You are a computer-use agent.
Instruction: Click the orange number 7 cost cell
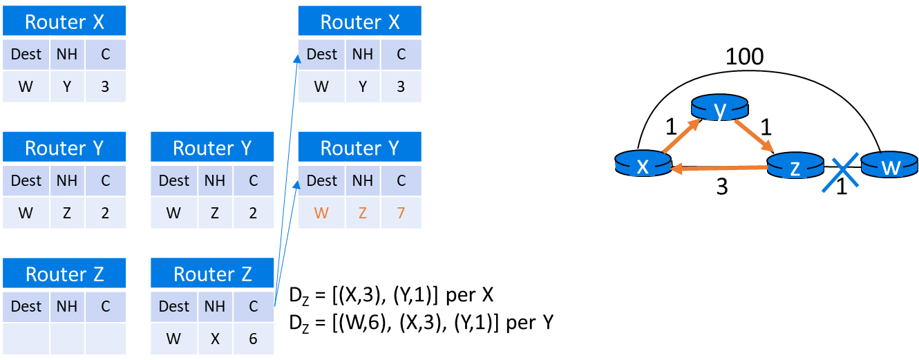(401, 212)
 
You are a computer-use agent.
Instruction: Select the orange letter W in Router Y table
(321, 212)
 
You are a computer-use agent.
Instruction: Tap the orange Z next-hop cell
(362, 212)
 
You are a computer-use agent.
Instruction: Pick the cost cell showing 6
(253, 339)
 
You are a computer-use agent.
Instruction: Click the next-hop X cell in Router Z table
(214, 339)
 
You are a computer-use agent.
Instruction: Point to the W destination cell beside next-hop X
(173, 339)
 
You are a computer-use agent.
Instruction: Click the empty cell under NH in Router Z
(66, 339)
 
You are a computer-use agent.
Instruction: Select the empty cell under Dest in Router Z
(26, 339)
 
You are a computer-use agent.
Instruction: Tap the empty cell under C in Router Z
(105, 339)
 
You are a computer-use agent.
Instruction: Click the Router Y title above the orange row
(359, 148)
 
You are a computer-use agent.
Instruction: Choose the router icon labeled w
(889, 166)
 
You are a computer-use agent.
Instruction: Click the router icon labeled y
(719, 108)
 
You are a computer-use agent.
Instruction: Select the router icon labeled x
(643, 164)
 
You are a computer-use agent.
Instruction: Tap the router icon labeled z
(795, 167)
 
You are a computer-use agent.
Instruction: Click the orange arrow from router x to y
(681, 135)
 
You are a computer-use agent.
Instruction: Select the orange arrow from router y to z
(754, 135)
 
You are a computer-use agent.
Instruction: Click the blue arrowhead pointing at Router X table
(297, 59)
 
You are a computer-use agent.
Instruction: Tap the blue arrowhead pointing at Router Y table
(297, 184)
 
